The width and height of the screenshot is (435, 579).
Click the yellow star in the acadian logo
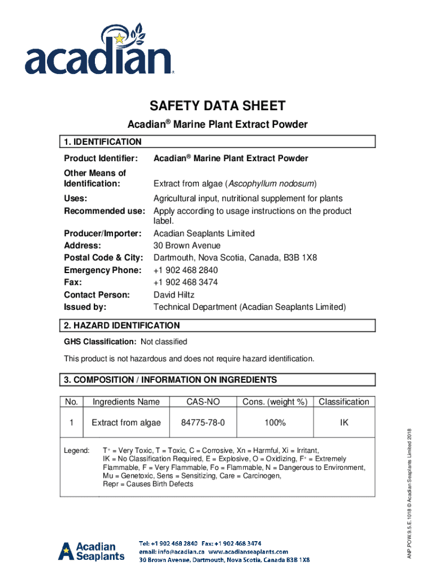119,38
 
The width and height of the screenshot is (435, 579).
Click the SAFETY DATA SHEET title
217,106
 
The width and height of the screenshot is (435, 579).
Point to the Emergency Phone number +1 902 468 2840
185,270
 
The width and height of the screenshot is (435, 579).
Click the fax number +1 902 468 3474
185,282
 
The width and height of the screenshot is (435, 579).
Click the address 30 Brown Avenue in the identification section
187,246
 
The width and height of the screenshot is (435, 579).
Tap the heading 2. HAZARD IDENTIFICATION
122,326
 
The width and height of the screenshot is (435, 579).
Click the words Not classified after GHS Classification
163,342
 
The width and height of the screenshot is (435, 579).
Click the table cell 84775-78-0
203,423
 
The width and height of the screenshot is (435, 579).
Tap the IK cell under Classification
343,423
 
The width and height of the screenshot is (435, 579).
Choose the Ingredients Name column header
126,402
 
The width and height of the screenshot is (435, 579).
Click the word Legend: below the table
76,450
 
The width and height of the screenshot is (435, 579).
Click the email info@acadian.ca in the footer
172,551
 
